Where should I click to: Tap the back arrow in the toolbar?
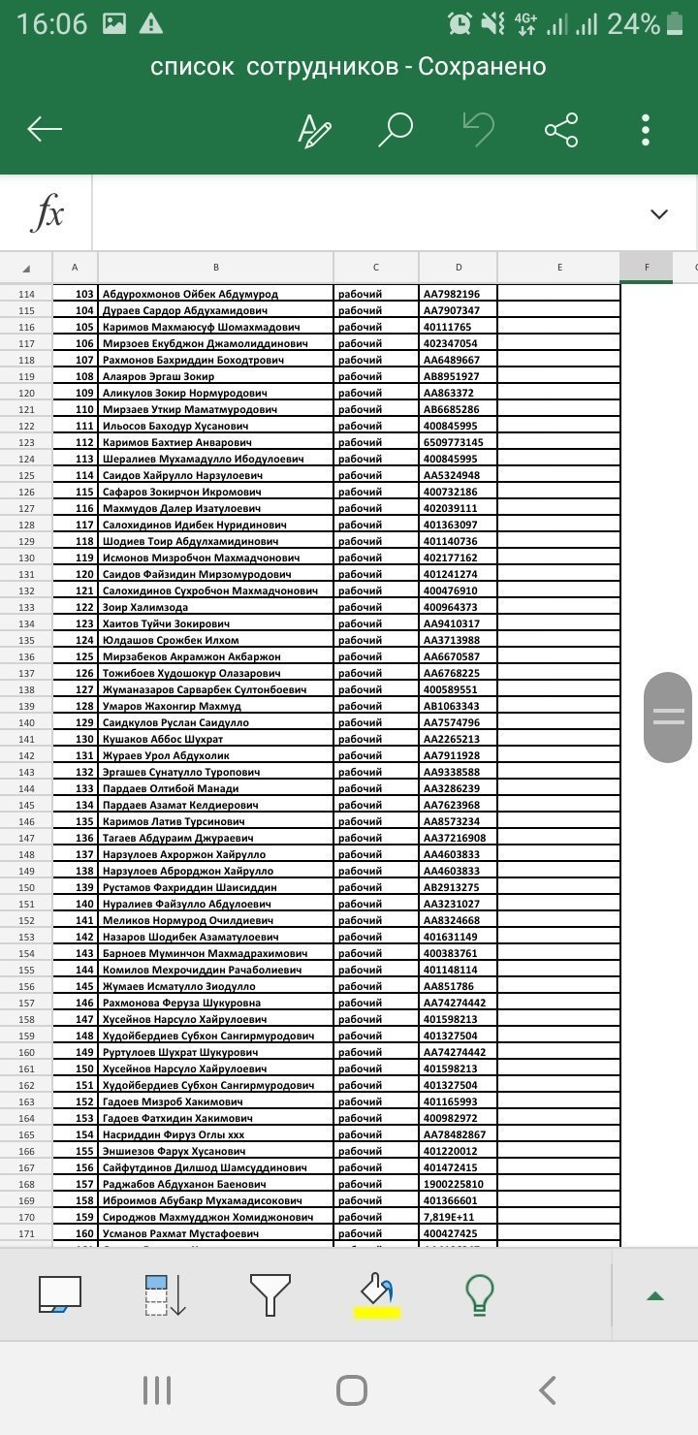coord(46,129)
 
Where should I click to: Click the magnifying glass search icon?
coord(396,129)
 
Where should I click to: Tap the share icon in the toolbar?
coord(561,129)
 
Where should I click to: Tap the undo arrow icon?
coord(479,129)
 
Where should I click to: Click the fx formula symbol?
coord(47,213)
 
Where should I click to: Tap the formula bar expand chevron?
coord(659,214)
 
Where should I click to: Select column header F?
coord(647,268)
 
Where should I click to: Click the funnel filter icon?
coord(270,1295)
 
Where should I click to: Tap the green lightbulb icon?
coord(480,1295)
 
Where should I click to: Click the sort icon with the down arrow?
coord(165,1295)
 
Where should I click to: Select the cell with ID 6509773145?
coord(458,442)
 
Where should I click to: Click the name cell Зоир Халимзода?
coord(215,607)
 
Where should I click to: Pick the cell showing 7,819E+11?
coord(458,1217)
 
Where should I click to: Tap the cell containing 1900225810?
coord(458,1184)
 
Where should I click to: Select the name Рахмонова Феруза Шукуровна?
coord(215,1003)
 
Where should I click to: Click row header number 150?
coord(26,887)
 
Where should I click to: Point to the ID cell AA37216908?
coord(458,838)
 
